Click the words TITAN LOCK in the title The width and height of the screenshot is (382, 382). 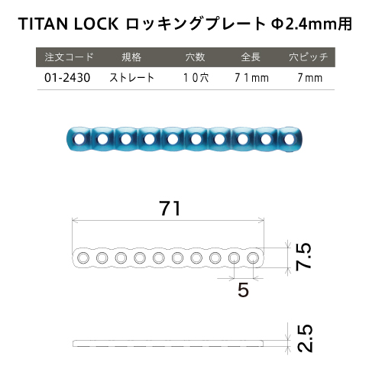[x=69, y=24]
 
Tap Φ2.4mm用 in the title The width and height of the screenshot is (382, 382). [x=312, y=24]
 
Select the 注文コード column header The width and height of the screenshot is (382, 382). [x=70, y=57]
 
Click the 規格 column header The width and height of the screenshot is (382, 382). [x=131, y=57]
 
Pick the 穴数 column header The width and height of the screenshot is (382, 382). [x=195, y=57]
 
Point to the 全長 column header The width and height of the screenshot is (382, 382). [x=251, y=57]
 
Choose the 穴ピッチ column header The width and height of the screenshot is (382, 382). [x=309, y=57]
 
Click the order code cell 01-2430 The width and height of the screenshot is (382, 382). [x=67, y=78]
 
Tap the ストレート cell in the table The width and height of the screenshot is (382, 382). [x=132, y=78]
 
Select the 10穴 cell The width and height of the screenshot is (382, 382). [x=196, y=78]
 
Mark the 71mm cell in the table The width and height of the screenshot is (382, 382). [x=251, y=78]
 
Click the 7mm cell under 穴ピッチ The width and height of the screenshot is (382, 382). [x=310, y=78]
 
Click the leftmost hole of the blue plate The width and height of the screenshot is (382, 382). [x=79, y=139]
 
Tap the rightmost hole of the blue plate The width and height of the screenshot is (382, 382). [x=290, y=139]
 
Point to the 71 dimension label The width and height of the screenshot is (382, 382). [x=170, y=208]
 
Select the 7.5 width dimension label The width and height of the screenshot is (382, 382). [x=304, y=256]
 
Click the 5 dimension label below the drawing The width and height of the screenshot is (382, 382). [x=243, y=290]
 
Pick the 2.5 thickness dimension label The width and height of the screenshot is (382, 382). [x=305, y=338]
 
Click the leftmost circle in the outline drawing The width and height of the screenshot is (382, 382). [x=83, y=258]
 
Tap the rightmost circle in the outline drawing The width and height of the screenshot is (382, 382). [x=253, y=258]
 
